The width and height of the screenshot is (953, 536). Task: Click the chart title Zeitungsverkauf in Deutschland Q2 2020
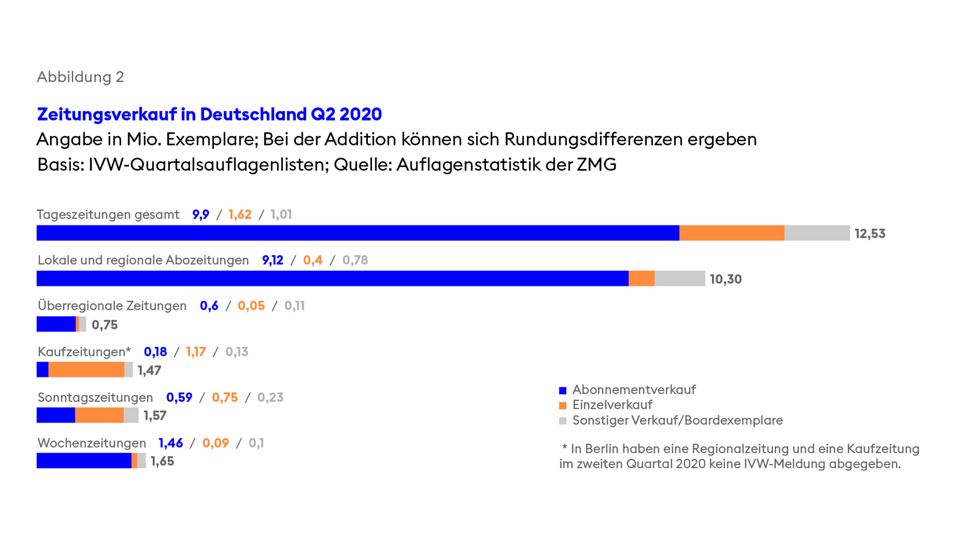(x=209, y=114)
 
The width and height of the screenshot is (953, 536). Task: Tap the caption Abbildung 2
(x=80, y=77)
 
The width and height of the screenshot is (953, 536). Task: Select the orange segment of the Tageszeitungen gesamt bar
(x=732, y=233)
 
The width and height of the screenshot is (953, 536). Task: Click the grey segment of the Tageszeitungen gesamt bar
(x=817, y=233)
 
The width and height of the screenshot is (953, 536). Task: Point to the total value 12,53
(x=870, y=233)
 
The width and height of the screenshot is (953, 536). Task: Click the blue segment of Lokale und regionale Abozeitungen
(x=333, y=278)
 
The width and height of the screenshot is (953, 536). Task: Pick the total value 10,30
(x=725, y=279)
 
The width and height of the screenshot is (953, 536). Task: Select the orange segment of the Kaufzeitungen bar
(x=86, y=370)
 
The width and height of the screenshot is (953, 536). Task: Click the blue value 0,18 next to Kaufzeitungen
(x=155, y=352)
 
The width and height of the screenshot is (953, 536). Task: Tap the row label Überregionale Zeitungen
(x=112, y=306)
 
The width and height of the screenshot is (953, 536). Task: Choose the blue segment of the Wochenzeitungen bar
(x=84, y=461)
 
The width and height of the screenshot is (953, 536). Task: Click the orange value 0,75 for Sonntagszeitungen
(x=224, y=398)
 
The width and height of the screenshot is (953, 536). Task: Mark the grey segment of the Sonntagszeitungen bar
(x=131, y=415)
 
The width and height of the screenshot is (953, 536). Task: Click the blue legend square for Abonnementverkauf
(x=562, y=391)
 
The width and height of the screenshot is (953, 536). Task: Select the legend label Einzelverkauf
(x=612, y=405)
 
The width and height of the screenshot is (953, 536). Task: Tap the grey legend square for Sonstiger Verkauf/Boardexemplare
(x=562, y=421)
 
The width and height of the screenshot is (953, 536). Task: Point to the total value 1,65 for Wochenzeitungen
(x=162, y=461)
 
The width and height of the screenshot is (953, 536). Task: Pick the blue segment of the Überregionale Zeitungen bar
(x=56, y=324)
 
